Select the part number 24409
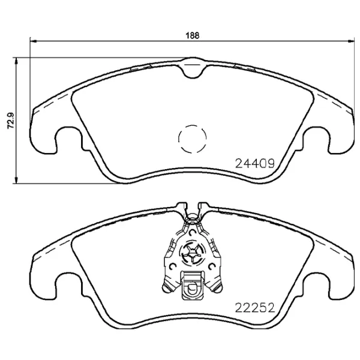(254, 163)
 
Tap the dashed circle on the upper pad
(192, 139)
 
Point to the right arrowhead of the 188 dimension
(351, 41)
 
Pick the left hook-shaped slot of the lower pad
(68, 286)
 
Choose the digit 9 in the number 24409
(271, 163)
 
